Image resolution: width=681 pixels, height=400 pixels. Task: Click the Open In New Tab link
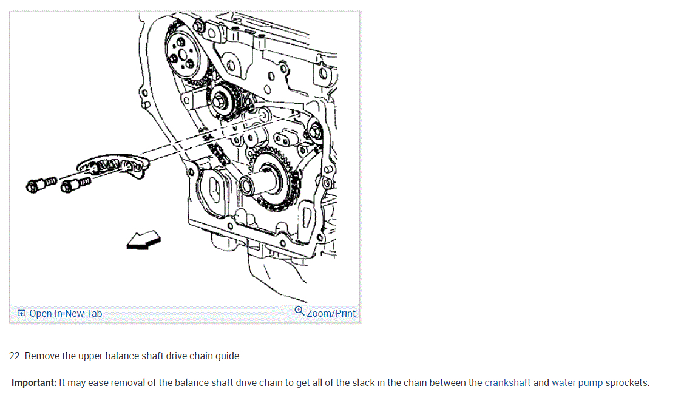tap(65, 313)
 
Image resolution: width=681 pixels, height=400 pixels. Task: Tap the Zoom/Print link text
tap(331, 313)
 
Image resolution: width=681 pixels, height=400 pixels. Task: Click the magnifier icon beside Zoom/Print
tap(299, 311)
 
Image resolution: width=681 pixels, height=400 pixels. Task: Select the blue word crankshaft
tap(507, 383)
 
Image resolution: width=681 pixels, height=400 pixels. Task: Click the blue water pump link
tap(577, 383)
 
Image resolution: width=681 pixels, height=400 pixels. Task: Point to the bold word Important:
tap(34, 383)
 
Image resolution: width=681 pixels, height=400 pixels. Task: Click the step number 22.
tap(16, 356)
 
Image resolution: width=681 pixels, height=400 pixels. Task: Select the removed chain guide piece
tap(114, 165)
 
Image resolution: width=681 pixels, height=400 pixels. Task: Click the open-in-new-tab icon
tap(21, 313)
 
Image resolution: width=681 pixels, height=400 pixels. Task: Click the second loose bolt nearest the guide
tap(76, 183)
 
